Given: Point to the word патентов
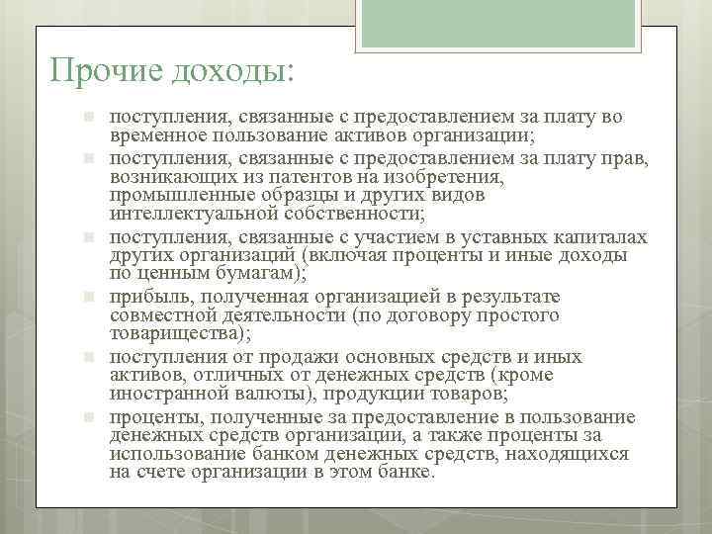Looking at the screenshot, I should click(298, 176).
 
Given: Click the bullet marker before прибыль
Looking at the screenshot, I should click(88, 297).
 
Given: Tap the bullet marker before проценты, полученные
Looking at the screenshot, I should click(88, 416).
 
